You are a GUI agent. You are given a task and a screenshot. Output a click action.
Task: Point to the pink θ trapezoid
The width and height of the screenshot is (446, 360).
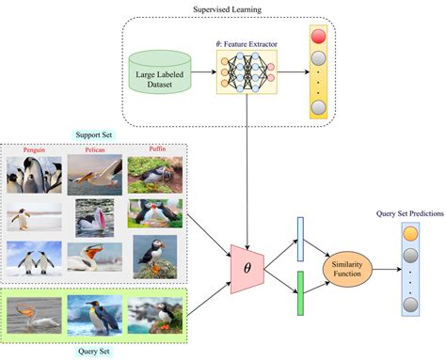pos(247,268)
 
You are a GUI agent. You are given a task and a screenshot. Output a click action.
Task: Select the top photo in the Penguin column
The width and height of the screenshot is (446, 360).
pos(34,176)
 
